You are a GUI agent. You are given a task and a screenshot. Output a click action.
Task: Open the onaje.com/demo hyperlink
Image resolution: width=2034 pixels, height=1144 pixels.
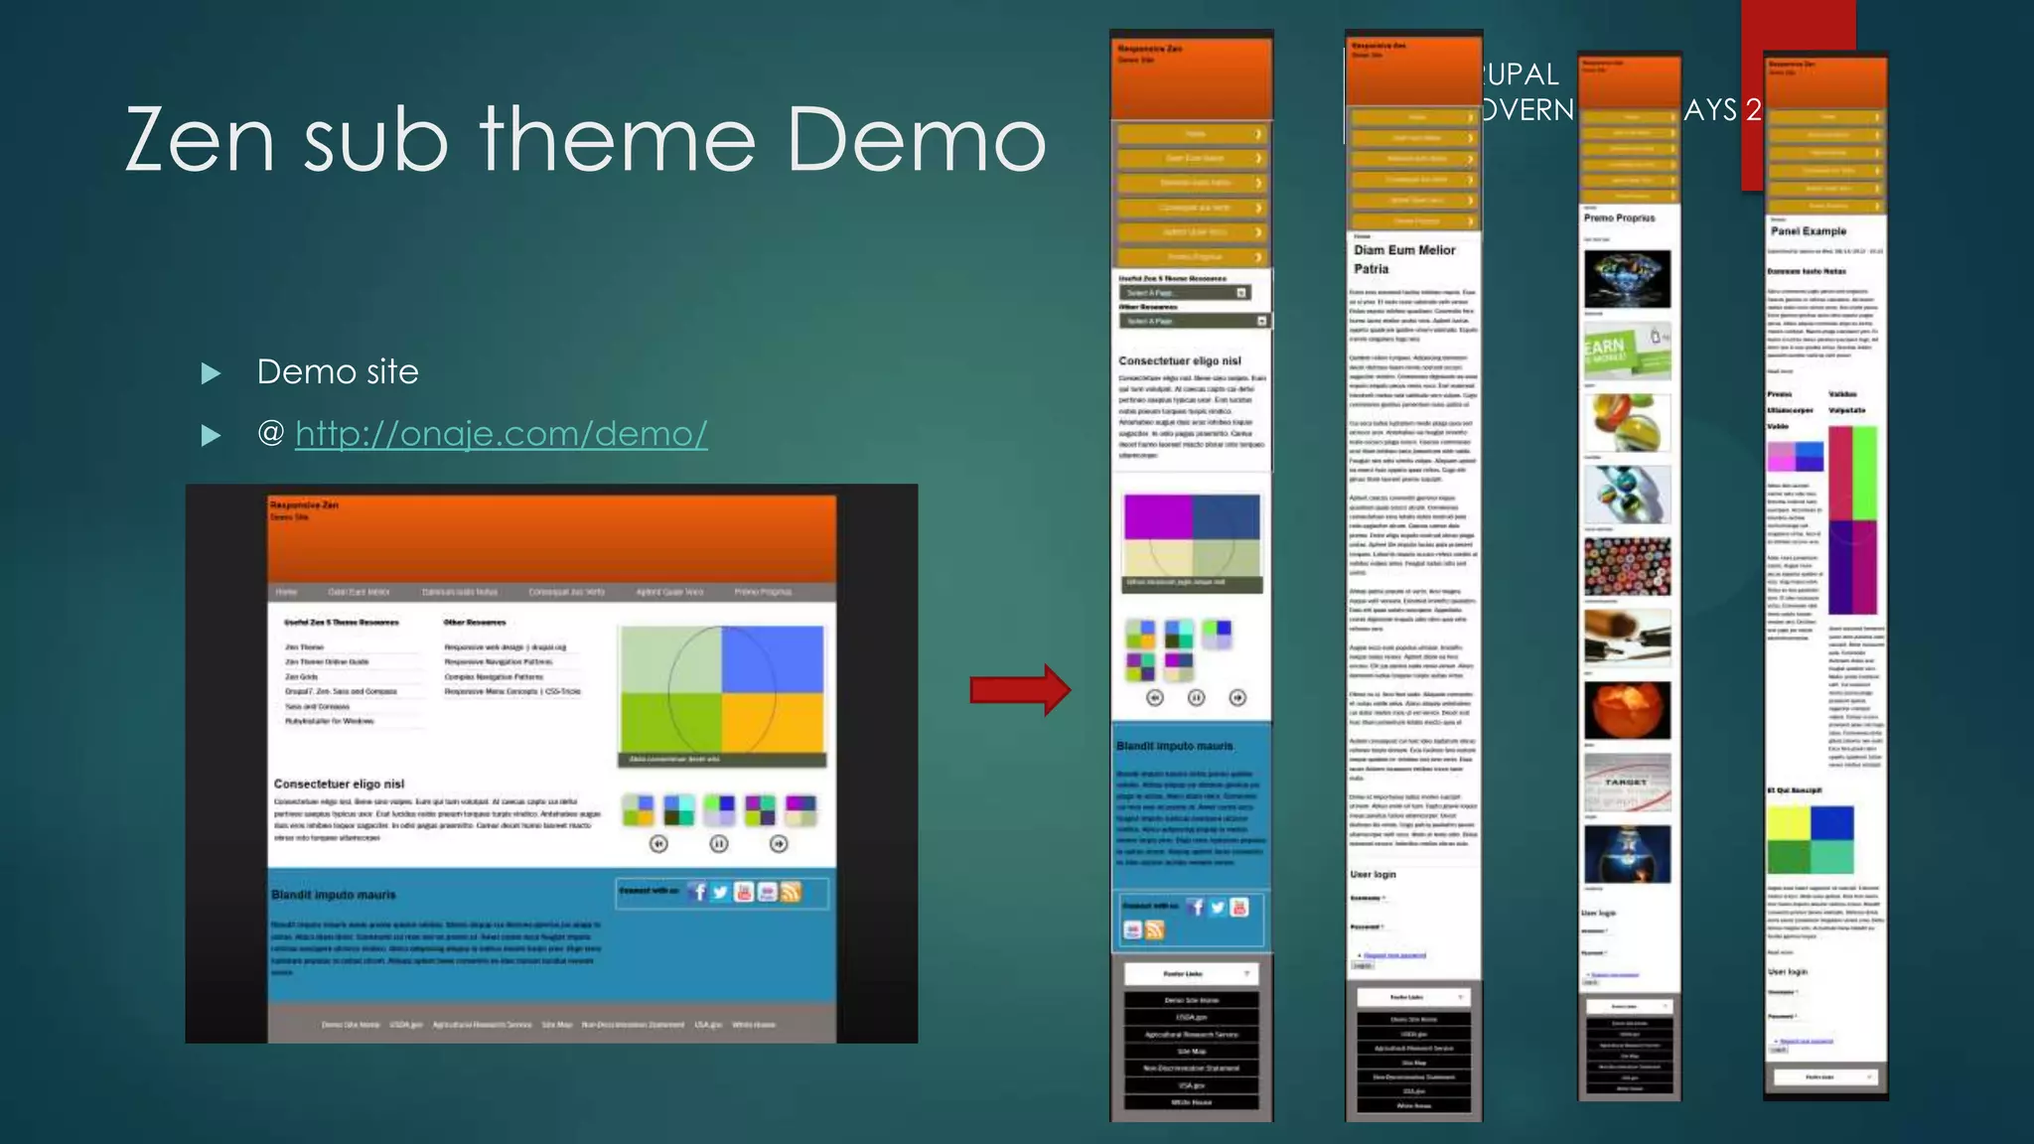[x=501, y=434]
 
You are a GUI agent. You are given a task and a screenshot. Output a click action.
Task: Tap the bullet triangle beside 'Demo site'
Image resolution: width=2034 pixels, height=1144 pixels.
[x=211, y=373]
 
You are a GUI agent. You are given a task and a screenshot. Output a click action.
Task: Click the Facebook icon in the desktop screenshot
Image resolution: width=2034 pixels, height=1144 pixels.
[x=698, y=892]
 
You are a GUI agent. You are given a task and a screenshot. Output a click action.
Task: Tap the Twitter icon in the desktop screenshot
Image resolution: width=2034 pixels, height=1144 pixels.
[x=721, y=892]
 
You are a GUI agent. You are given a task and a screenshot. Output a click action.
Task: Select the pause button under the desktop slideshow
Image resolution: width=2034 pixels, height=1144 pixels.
[x=719, y=843]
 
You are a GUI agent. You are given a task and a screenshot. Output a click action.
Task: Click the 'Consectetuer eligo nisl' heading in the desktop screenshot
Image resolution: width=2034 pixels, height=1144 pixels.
[x=339, y=784]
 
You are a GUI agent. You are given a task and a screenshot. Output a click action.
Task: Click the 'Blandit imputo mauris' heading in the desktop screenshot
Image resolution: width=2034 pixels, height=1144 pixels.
[x=334, y=895]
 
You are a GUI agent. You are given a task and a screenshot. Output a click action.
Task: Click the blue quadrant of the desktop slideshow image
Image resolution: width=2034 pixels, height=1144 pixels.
[x=773, y=658]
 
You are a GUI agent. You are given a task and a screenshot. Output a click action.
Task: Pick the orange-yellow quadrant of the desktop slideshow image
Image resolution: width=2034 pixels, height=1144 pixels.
[x=773, y=723]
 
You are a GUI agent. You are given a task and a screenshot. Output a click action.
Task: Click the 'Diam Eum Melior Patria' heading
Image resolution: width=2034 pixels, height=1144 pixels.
[x=1404, y=259]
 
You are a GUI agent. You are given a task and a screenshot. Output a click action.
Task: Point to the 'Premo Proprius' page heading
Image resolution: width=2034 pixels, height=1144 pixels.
[x=1619, y=217]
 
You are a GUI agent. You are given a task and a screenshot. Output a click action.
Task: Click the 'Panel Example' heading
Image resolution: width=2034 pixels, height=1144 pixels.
[x=1809, y=231]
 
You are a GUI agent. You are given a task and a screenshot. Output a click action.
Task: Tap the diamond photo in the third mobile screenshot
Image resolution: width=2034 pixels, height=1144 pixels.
[x=1627, y=278]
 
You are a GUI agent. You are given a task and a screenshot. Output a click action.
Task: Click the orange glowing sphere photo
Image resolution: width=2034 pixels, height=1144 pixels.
[x=1627, y=709]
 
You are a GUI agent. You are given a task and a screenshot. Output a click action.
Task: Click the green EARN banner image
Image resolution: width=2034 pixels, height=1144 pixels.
[x=1627, y=350]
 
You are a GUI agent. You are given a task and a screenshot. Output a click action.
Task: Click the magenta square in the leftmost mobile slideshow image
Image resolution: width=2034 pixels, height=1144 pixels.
[x=1158, y=516]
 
